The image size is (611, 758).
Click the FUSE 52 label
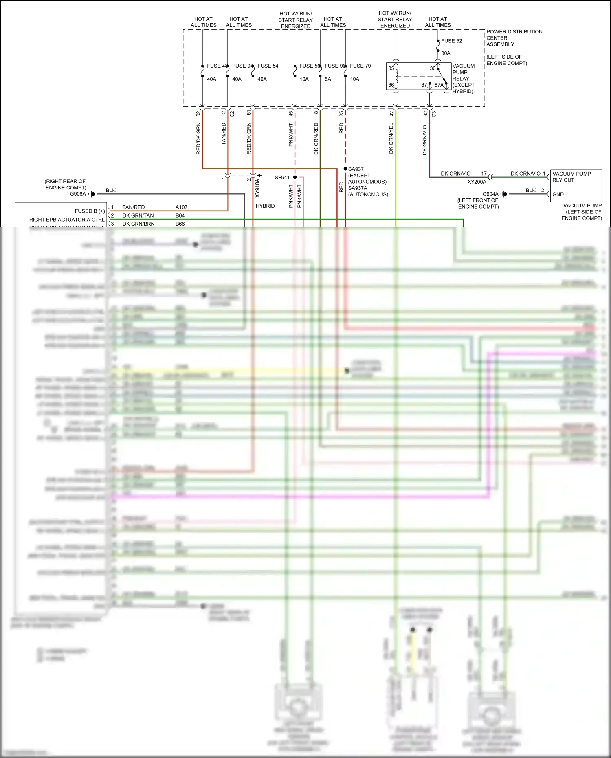(451, 41)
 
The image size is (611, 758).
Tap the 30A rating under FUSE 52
(446, 53)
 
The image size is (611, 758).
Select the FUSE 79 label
(360, 66)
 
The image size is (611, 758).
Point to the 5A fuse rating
(328, 79)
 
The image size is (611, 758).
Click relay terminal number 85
(391, 68)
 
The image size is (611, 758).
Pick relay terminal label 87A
(439, 85)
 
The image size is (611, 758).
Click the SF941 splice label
(282, 177)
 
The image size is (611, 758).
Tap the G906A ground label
(78, 194)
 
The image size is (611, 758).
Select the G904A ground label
(490, 194)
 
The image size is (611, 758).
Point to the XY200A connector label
(477, 182)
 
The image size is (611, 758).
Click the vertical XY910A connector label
(257, 188)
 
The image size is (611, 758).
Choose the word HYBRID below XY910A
(265, 206)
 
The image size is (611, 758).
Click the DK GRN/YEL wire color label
(391, 138)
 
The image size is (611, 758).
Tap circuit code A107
(181, 207)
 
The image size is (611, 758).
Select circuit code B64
(180, 215)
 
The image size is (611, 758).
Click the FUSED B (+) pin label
(90, 211)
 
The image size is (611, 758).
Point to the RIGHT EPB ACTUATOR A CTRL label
(67, 220)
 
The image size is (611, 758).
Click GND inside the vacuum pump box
(558, 194)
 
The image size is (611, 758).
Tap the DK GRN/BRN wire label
(138, 224)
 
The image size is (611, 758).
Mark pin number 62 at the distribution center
(198, 114)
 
